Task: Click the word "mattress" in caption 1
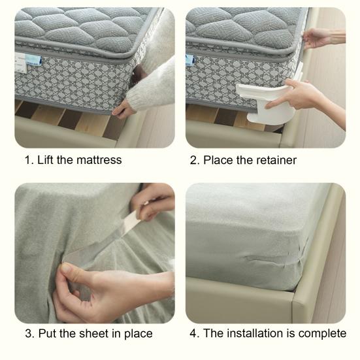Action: pos(99,160)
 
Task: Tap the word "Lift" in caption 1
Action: pos(46,160)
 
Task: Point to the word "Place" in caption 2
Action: pos(218,160)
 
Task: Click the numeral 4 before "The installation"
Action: pos(193,333)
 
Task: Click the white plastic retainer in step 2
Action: pos(267,102)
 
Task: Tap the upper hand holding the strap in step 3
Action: pos(154,200)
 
